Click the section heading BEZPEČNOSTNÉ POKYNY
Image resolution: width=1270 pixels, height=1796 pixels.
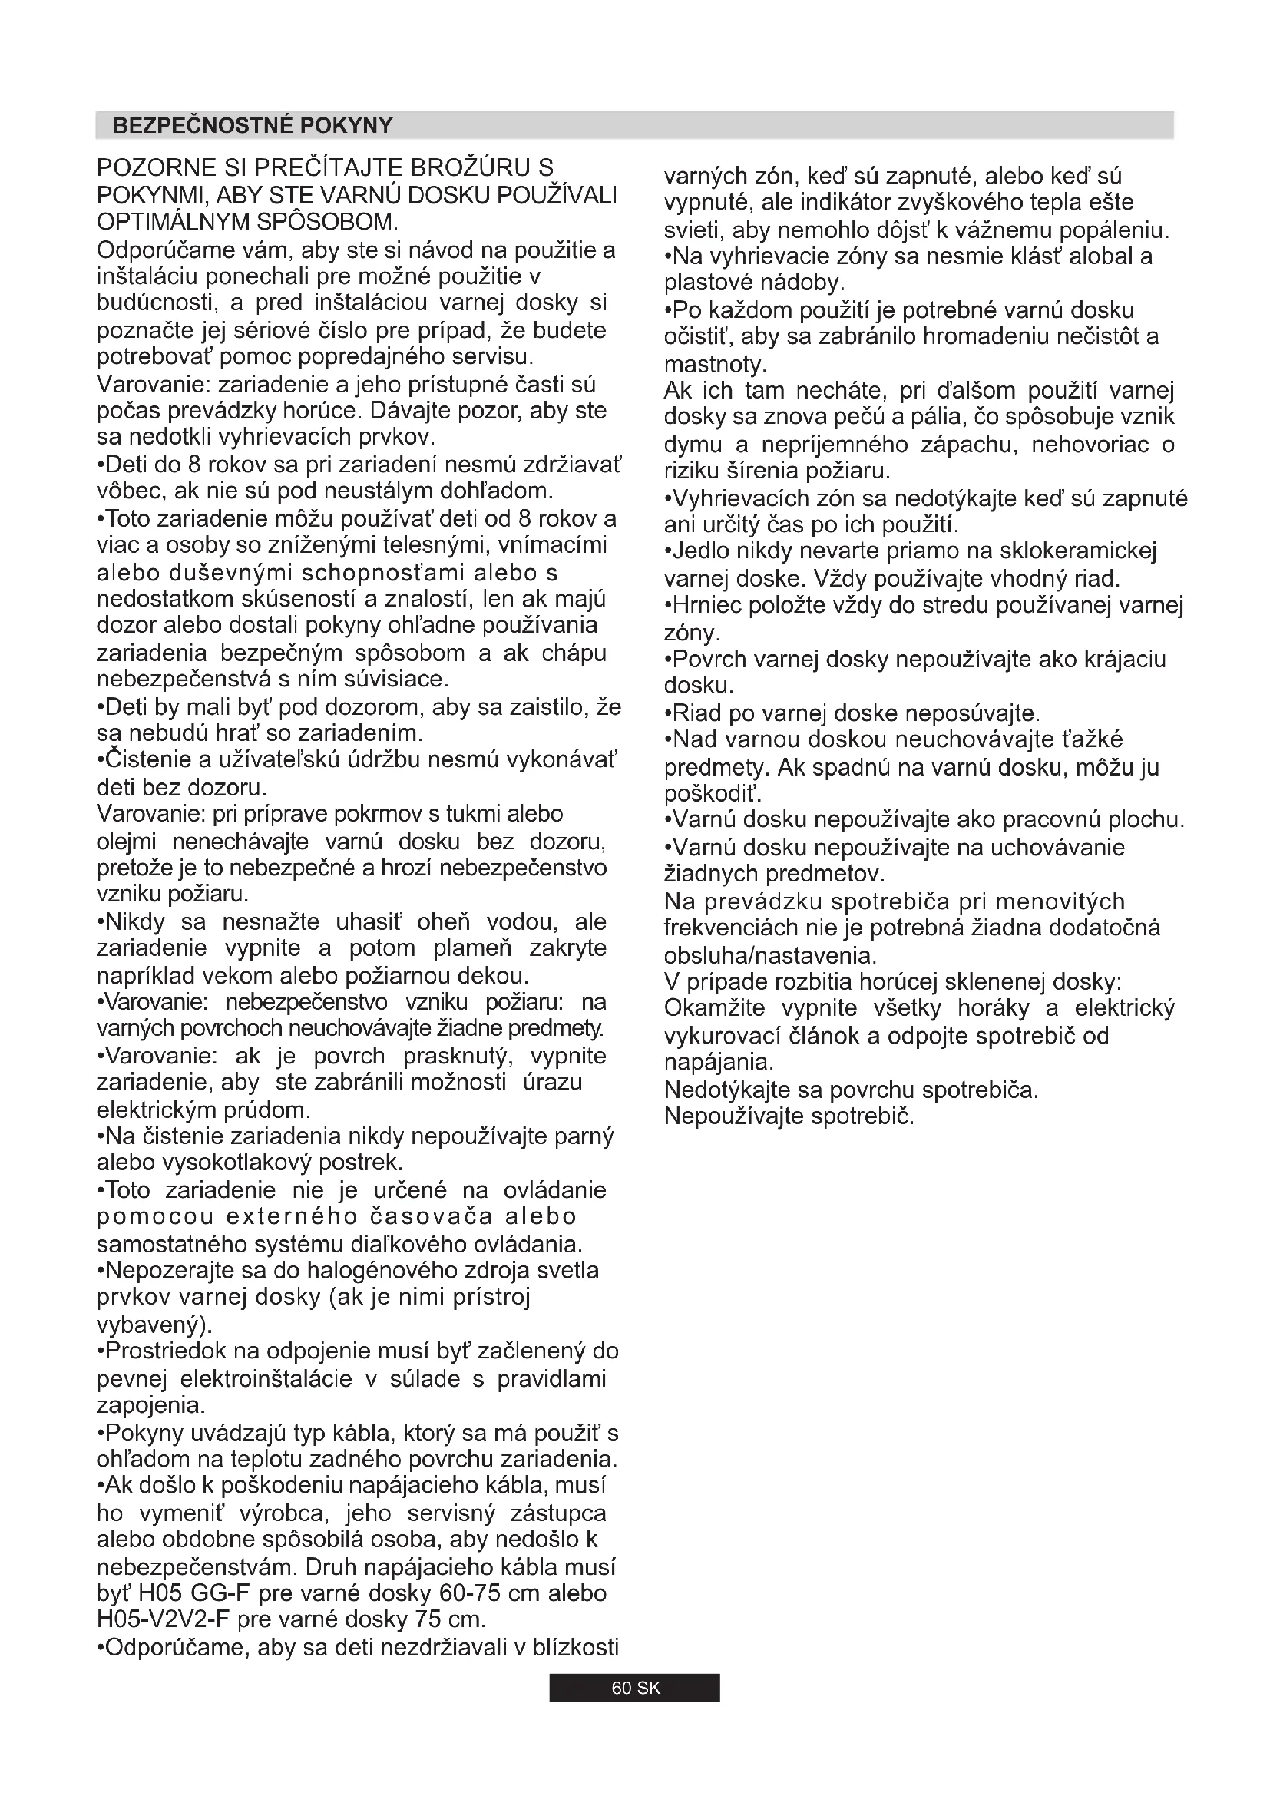coord(252,126)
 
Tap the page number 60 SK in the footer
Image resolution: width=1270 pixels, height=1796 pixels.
coord(635,1688)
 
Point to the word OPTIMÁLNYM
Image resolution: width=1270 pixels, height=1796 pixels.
coord(174,222)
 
